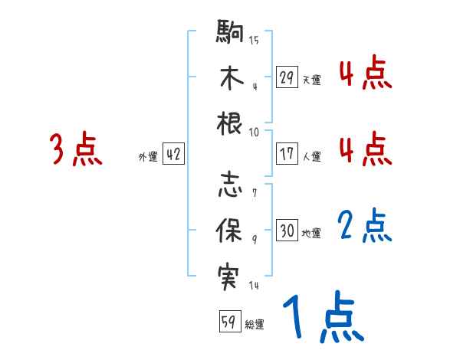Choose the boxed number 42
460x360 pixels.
click(x=173, y=154)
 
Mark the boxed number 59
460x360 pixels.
click(x=229, y=322)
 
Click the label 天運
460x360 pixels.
click(x=311, y=80)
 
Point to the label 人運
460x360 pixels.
click(x=311, y=156)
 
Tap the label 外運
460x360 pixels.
click(x=148, y=156)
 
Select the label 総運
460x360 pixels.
click(x=255, y=325)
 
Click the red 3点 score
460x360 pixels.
click(x=76, y=149)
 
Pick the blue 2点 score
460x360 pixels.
click(x=365, y=227)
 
